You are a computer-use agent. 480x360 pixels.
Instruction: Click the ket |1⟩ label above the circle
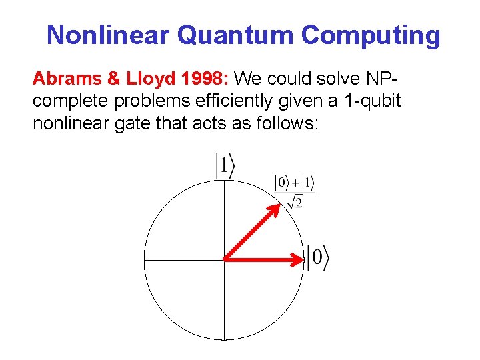225,166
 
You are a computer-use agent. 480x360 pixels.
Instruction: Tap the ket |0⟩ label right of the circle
318,257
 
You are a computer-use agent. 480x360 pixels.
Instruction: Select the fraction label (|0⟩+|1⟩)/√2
295,191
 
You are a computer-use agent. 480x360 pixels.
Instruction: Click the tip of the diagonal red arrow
277,205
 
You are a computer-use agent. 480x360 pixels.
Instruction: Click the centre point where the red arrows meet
224,259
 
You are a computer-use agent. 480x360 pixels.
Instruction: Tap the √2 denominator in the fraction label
295,201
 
